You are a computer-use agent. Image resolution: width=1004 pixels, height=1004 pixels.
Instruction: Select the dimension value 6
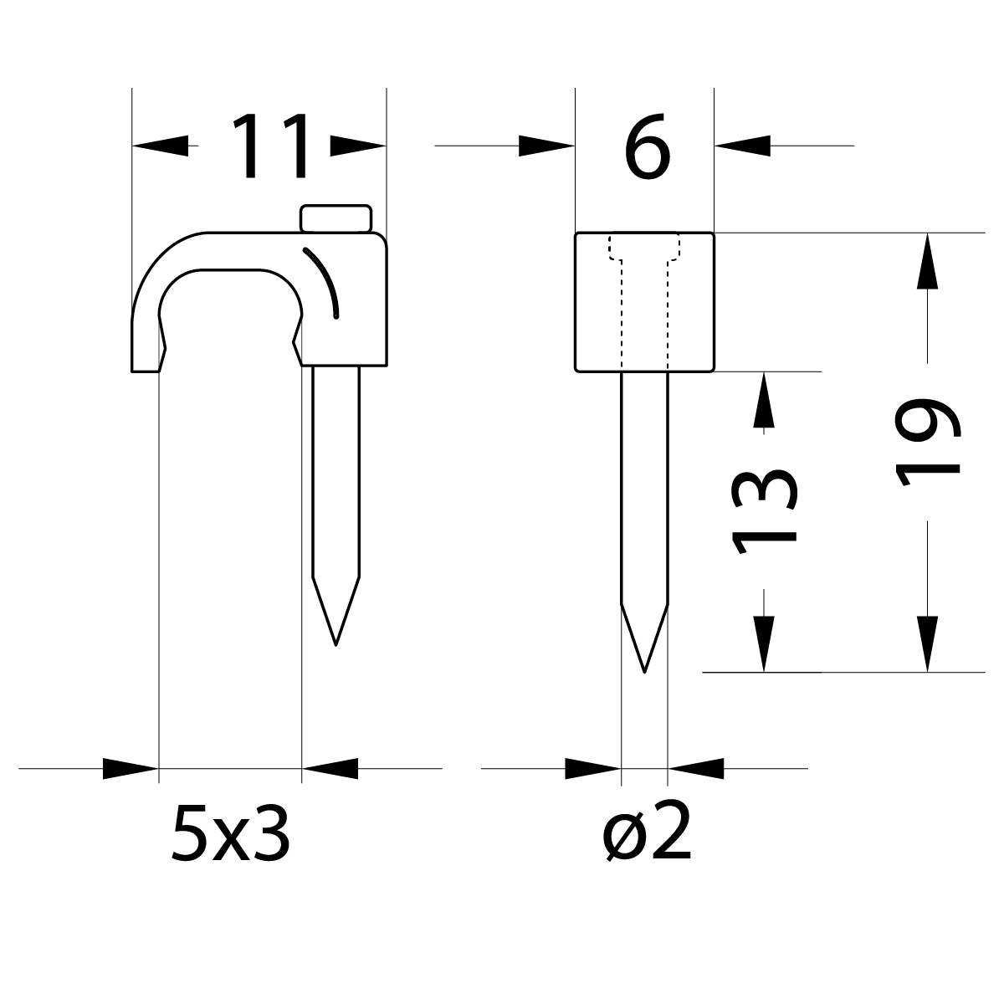tap(647, 147)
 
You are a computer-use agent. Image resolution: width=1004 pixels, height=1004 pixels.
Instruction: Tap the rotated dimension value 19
tap(927, 441)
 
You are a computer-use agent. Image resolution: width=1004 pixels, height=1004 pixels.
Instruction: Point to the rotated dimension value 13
tap(763, 511)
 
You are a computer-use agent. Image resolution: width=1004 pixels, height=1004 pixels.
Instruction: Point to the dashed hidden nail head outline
tap(644, 248)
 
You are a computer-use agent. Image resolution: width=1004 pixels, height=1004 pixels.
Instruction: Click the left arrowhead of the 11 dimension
tap(161, 146)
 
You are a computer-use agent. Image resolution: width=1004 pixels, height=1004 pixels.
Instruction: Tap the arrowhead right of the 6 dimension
tap(742, 146)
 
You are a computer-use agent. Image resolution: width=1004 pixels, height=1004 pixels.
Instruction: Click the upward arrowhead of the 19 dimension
tap(927, 261)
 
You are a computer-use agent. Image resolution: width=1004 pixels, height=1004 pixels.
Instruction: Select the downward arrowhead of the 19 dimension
tap(927, 643)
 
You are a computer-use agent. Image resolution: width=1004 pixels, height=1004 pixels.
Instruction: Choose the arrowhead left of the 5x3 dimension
tap(131, 768)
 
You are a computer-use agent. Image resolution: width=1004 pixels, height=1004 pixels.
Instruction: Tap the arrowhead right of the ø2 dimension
tap(695, 768)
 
